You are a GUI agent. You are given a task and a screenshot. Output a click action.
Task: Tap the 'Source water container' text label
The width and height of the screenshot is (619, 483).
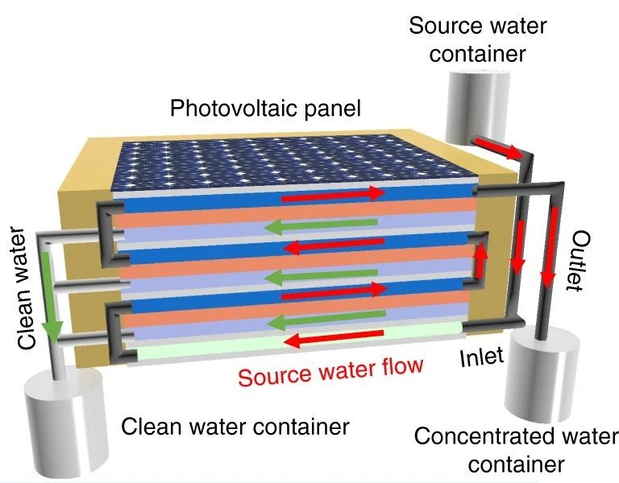click(x=478, y=39)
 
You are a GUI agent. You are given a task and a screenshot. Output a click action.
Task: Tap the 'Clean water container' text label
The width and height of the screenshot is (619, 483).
click(x=235, y=426)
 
